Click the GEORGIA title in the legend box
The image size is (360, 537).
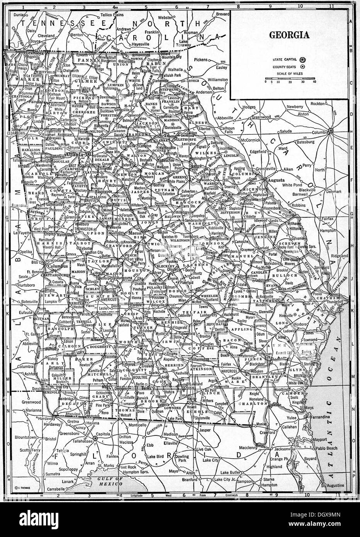click(289, 35)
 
